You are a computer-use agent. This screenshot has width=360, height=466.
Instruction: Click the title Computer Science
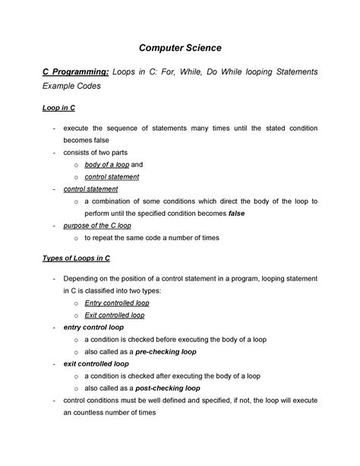[x=179, y=47]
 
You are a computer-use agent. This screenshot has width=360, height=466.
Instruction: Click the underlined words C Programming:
[x=73, y=71]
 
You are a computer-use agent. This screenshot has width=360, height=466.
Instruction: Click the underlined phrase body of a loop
[x=106, y=163]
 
